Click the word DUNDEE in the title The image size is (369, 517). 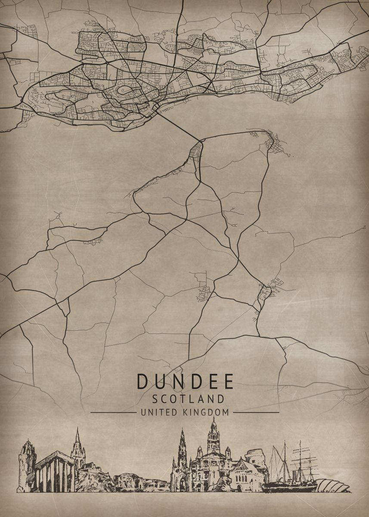pyautogui.click(x=185, y=382)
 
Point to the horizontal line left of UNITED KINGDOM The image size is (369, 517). pyautogui.click(x=113, y=412)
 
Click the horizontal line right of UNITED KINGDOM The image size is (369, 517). pyautogui.click(x=256, y=412)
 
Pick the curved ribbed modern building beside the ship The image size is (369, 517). pyautogui.click(x=332, y=486)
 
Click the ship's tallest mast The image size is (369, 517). pyautogui.click(x=300, y=457)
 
